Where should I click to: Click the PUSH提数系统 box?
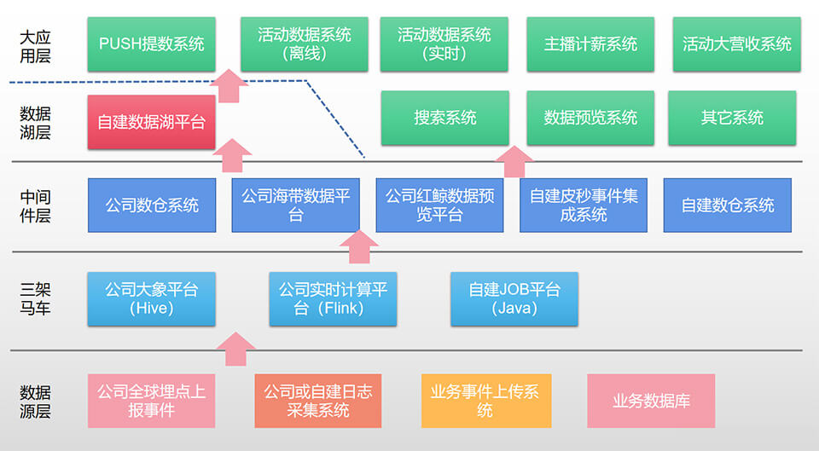151,43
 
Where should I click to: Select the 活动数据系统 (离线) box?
305,43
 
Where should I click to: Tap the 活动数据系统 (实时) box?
444,43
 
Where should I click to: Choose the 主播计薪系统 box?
590,43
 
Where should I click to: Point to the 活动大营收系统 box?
736,43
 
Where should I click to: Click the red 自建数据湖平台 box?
151,122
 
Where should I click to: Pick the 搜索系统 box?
444,118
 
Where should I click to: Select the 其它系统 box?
732,118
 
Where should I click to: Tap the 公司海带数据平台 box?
295,205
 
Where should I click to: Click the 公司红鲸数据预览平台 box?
439,205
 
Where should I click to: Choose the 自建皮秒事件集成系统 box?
584,205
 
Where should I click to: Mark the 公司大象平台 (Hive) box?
151,298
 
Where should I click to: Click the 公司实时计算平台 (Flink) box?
333,298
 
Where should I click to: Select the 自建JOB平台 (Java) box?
514,298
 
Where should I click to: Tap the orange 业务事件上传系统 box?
486,401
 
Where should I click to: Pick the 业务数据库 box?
651,401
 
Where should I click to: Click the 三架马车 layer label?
36,298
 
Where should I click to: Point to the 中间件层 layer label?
36,206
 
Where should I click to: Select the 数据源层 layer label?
36,402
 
